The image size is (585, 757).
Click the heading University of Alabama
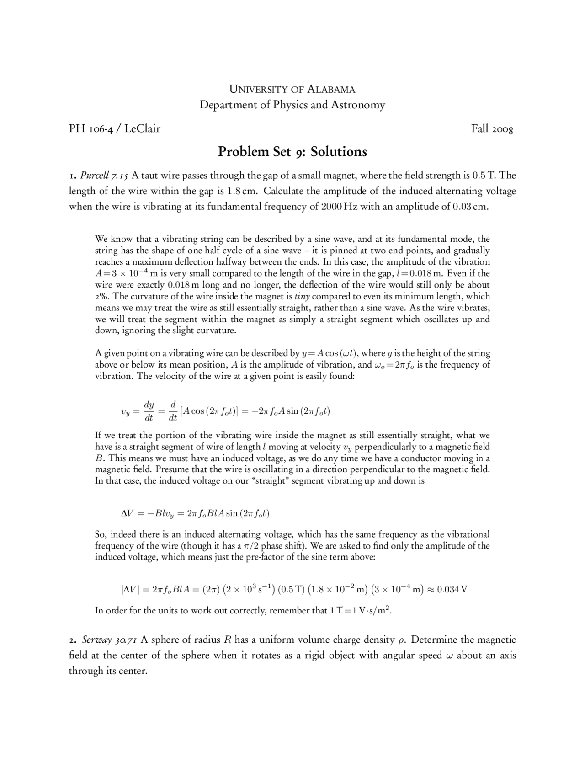click(292, 89)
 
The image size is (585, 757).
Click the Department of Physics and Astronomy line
click(292, 105)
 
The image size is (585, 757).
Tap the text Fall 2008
click(492, 128)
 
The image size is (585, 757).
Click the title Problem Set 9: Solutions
click(292, 151)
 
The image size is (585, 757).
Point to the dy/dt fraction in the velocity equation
click(149, 411)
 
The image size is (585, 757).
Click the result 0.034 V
click(452, 589)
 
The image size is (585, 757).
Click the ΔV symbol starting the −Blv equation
click(127, 513)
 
